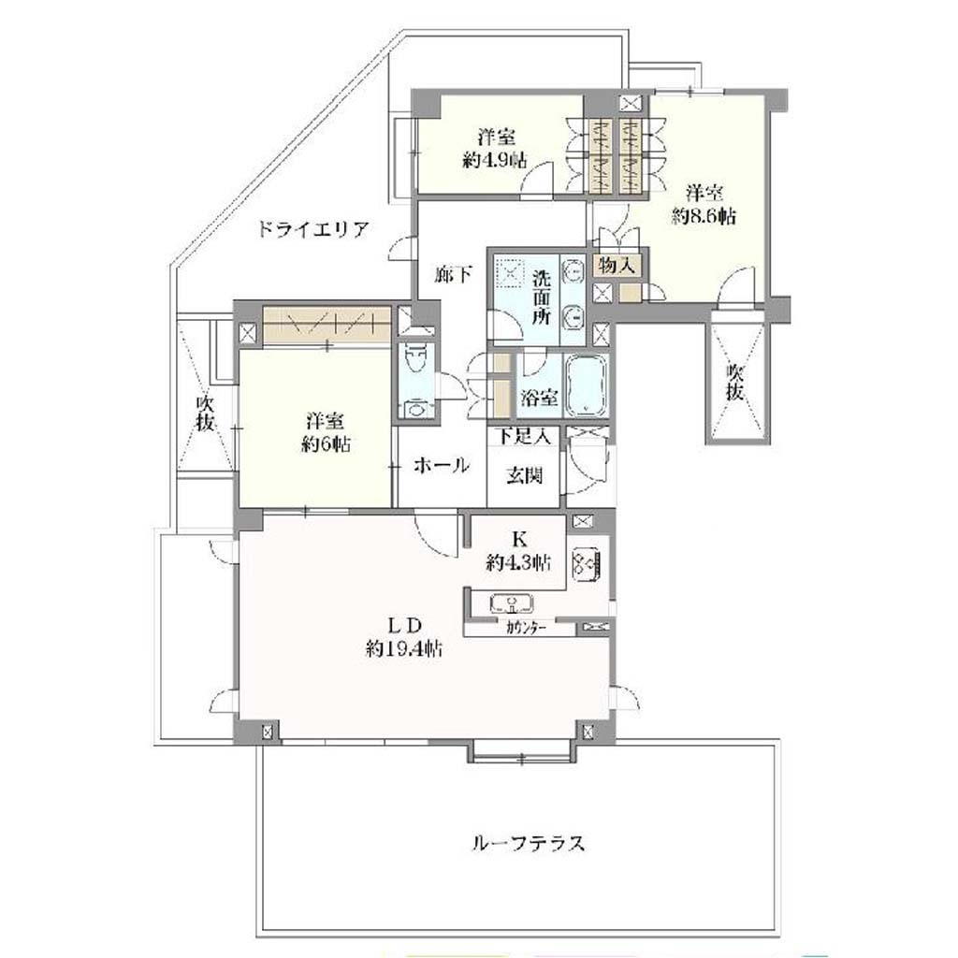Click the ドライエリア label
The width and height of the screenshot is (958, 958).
click(x=312, y=230)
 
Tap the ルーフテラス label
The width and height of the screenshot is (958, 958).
click(x=530, y=843)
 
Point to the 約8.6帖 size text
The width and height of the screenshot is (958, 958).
click(x=704, y=216)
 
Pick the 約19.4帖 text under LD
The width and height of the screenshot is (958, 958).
click(x=404, y=647)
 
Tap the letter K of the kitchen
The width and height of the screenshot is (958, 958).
click(x=519, y=540)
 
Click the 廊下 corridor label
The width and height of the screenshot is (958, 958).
click(x=453, y=276)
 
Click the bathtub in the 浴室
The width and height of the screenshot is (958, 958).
click(x=587, y=385)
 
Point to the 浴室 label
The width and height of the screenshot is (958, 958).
click(x=539, y=397)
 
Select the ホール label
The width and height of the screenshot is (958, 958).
click(x=442, y=466)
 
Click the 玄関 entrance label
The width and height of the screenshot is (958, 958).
click(x=525, y=474)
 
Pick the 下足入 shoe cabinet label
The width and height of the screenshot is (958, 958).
click(x=524, y=436)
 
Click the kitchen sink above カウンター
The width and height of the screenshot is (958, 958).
click(x=512, y=604)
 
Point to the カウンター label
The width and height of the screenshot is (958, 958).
click(x=526, y=628)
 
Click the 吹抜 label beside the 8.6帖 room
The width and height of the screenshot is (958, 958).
click(x=734, y=382)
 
